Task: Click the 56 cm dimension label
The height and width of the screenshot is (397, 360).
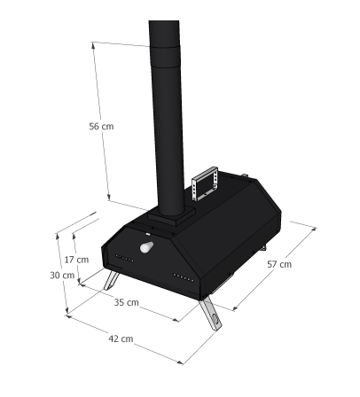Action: tap(101, 127)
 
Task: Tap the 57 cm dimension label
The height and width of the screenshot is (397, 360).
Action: tap(279, 264)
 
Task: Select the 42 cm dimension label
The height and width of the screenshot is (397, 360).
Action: tap(121, 339)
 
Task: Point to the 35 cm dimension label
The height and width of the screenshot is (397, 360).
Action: tap(126, 302)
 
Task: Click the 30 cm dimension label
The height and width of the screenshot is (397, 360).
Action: tap(62, 276)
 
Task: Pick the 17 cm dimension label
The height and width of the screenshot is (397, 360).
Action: tap(76, 260)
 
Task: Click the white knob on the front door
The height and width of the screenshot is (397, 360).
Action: tap(146, 247)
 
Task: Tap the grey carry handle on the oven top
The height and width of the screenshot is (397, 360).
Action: tap(205, 183)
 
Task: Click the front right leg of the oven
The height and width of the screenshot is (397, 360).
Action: tap(210, 314)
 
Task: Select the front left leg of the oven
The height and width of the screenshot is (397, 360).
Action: tap(112, 281)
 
